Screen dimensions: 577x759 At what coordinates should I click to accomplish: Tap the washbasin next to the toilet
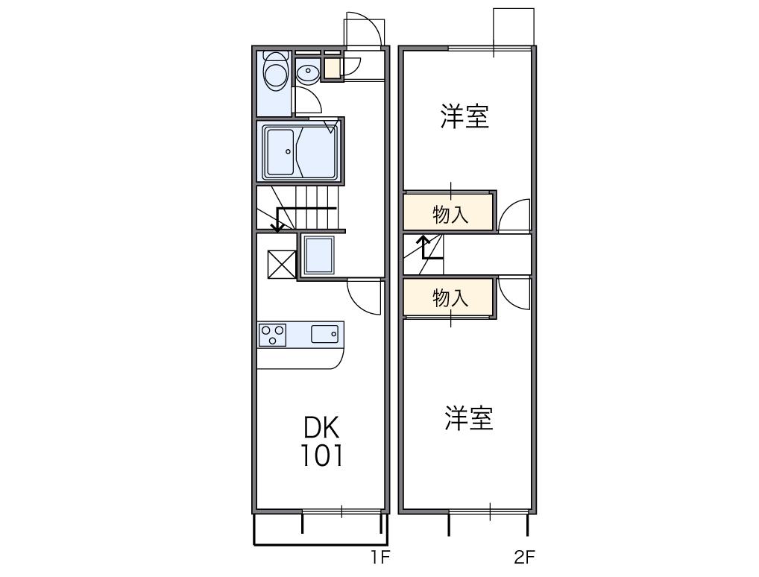307,72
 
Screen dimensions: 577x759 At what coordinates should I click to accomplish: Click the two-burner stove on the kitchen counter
272,334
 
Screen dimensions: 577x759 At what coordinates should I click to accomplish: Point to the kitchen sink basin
324,334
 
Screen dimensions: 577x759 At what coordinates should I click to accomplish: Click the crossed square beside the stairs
282,263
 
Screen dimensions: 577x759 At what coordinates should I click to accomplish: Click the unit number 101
321,455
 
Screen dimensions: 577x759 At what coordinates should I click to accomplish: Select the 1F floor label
380,556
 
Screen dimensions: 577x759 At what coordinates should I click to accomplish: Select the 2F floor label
524,556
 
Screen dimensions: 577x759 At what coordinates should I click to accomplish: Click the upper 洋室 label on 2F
464,117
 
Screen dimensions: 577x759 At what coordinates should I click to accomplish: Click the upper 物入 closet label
450,215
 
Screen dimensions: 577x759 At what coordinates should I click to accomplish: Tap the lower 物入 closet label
450,298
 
